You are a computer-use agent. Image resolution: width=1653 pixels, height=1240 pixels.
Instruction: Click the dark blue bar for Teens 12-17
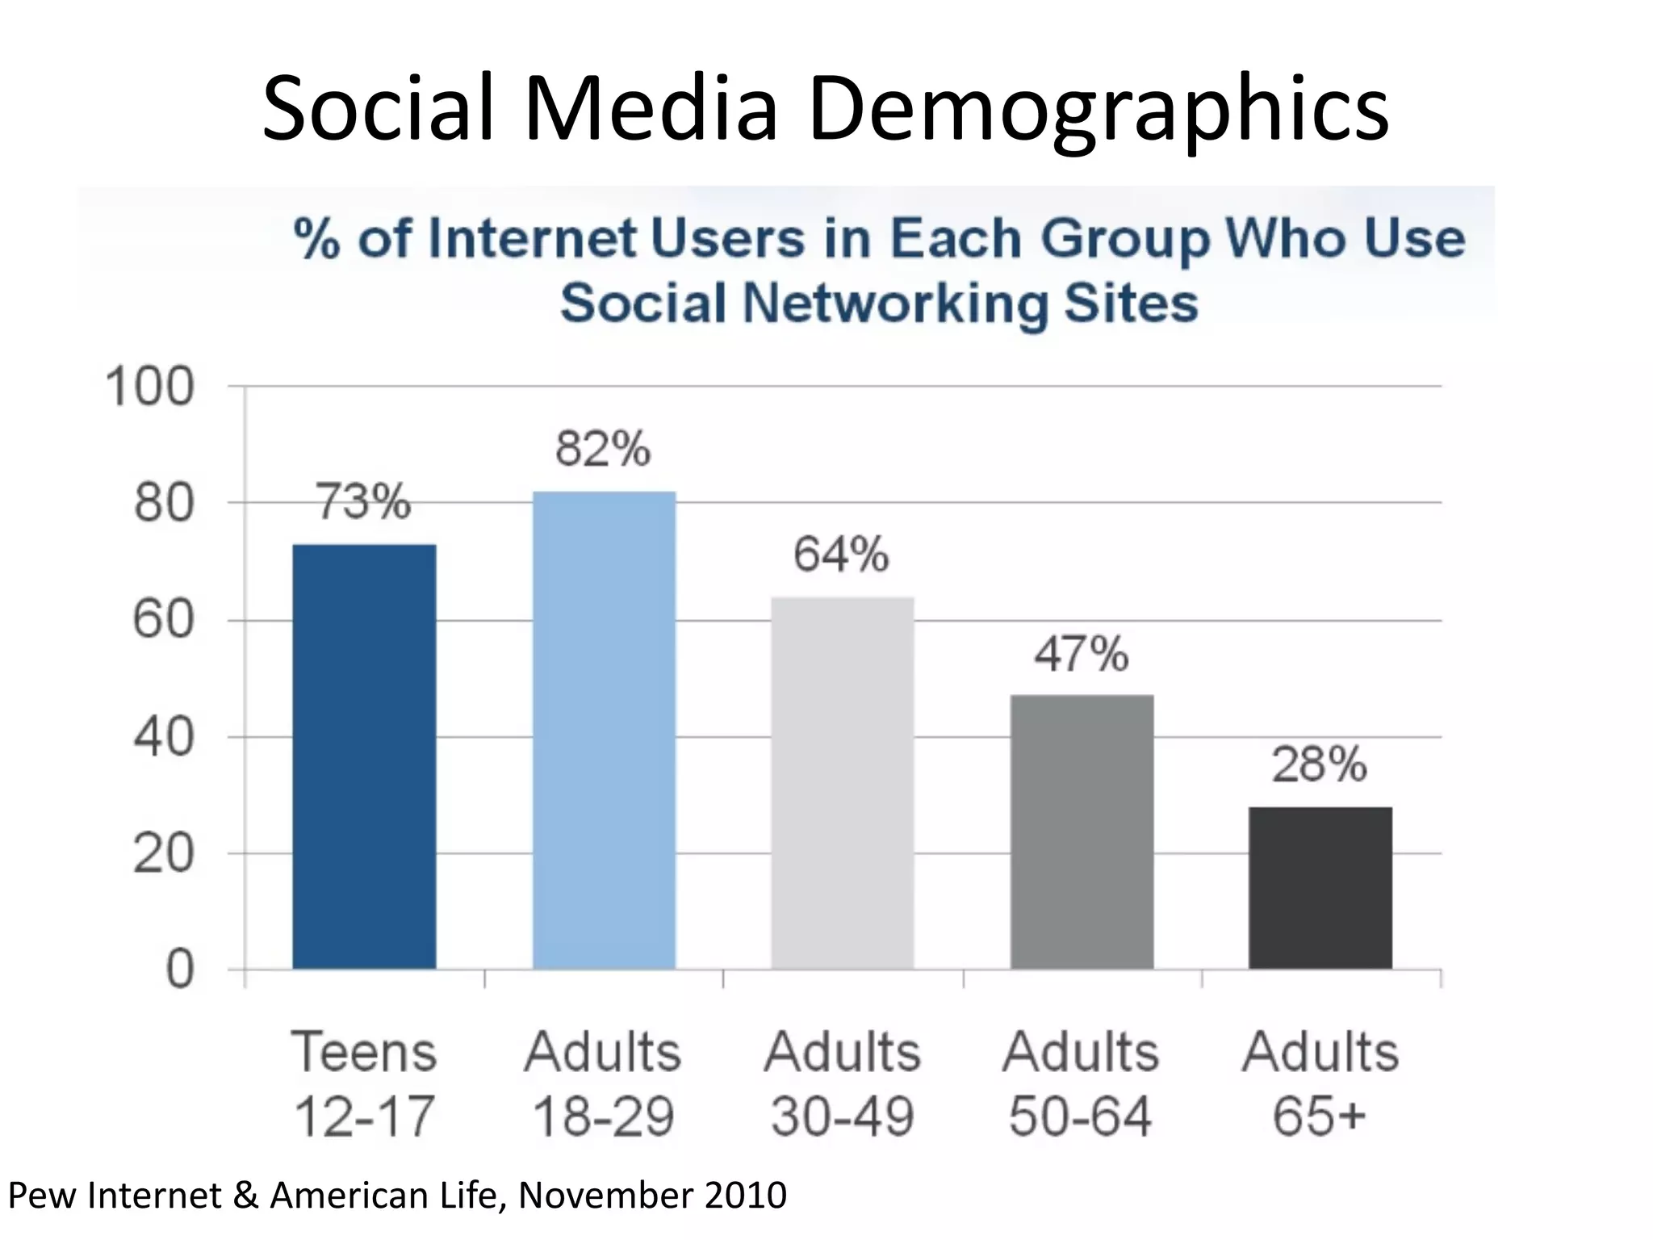click(364, 756)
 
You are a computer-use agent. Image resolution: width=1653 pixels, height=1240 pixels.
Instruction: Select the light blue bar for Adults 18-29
click(604, 730)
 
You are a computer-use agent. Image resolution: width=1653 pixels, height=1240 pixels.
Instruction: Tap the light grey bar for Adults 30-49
click(842, 783)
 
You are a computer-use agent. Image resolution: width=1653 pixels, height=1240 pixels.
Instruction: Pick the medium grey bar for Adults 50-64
click(1082, 832)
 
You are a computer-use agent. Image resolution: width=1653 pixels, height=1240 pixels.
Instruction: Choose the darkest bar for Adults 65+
click(1320, 887)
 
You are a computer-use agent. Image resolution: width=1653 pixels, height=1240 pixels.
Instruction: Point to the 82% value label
click(602, 449)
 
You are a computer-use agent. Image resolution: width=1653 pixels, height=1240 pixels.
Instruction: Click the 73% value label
click(362, 501)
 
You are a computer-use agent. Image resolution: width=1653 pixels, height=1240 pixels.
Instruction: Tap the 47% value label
click(1081, 654)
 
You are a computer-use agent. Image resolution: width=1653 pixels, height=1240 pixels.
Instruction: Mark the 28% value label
click(1319, 765)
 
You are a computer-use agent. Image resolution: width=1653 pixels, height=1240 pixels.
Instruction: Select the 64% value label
click(841, 555)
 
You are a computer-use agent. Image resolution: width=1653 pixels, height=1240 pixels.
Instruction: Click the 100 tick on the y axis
click(150, 387)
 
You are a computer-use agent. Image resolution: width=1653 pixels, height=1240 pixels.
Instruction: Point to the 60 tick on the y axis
click(164, 621)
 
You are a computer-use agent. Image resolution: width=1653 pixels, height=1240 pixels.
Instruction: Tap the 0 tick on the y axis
click(179, 970)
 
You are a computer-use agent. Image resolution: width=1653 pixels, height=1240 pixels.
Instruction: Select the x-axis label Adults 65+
click(1320, 1084)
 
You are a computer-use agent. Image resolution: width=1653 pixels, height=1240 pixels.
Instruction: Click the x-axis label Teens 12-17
click(364, 1084)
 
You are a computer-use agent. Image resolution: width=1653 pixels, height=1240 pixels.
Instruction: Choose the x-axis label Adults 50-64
click(1081, 1084)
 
